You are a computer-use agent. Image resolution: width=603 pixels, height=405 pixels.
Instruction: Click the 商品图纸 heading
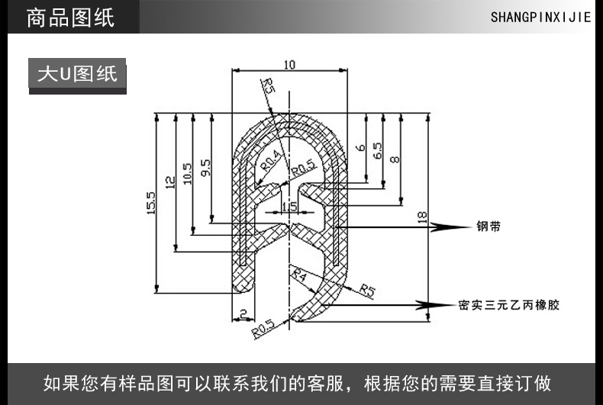click(70, 18)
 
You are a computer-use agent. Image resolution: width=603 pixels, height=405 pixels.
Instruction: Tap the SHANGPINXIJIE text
click(540, 18)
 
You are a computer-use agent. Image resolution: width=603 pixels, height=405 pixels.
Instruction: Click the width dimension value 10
click(289, 65)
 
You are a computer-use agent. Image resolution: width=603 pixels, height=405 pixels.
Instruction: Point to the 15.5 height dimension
click(150, 204)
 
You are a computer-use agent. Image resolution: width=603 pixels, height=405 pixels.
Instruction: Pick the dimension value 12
click(170, 182)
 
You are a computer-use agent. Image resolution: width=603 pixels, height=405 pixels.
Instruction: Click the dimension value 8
click(395, 159)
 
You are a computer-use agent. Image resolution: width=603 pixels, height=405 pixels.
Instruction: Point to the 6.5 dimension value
click(378, 151)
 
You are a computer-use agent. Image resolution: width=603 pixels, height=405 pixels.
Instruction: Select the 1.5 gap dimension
click(289, 207)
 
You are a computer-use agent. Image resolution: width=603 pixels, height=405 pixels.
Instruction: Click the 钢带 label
click(489, 227)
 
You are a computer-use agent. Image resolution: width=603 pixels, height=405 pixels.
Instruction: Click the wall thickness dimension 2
click(242, 313)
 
